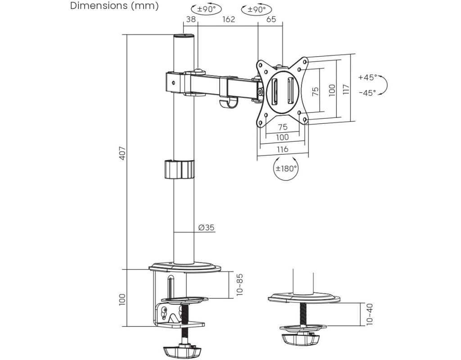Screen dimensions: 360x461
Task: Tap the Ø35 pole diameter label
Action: (x=206, y=227)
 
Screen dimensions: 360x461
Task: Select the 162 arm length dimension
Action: (x=229, y=20)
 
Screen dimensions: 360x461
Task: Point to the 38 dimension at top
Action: (x=190, y=20)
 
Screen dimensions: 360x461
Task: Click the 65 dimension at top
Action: (x=271, y=20)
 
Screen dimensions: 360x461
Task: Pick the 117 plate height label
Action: (x=345, y=89)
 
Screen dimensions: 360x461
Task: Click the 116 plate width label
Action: (x=282, y=149)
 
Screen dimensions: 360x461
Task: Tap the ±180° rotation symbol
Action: (x=286, y=169)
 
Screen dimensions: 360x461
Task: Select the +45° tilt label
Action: (x=367, y=77)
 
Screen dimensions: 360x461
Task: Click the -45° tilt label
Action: (x=367, y=93)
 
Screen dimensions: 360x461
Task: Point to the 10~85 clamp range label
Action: (x=240, y=284)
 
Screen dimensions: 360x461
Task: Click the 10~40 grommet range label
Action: (x=369, y=314)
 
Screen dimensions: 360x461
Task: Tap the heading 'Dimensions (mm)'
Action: (x=114, y=6)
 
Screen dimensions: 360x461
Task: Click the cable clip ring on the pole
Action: (x=179, y=169)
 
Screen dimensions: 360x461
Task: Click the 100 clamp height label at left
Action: (x=122, y=299)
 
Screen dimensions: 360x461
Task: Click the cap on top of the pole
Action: (x=185, y=36)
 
